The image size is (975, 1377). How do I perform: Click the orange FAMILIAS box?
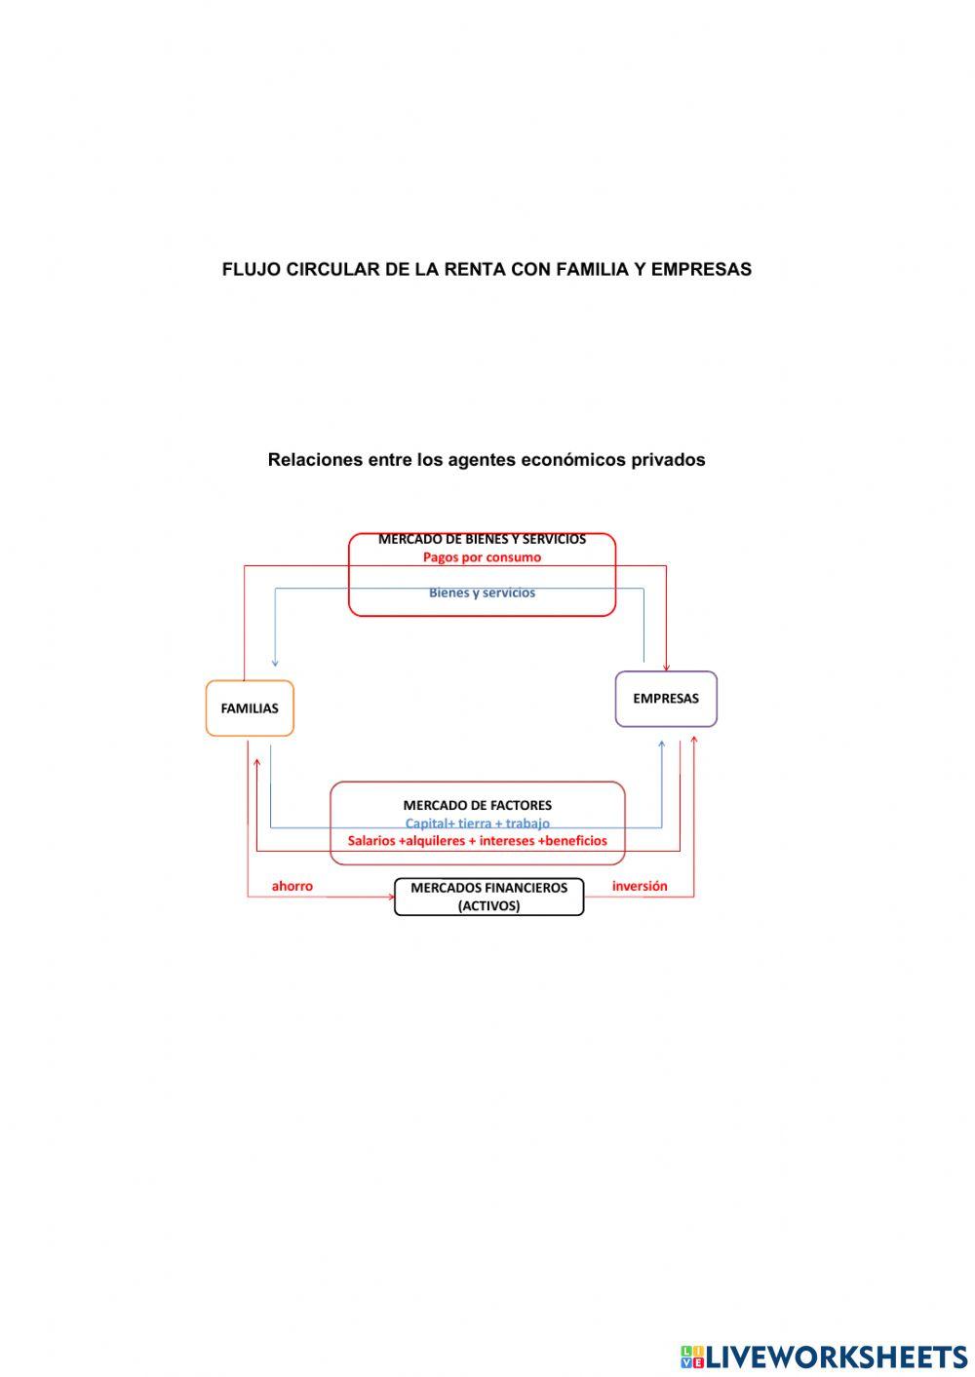tap(250, 708)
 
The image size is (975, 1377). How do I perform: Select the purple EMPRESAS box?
tap(666, 699)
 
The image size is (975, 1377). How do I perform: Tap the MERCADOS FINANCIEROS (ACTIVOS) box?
tap(488, 897)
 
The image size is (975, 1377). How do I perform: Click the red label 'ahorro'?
tap(292, 886)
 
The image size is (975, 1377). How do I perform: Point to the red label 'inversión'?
tap(640, 886)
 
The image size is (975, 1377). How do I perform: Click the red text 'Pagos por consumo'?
tap(482, 557)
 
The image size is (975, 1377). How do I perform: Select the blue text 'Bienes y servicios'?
tap(482, 593)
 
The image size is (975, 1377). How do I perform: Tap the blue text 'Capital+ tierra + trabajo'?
tap(477, 823)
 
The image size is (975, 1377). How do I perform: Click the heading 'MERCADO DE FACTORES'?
tap(477, 805)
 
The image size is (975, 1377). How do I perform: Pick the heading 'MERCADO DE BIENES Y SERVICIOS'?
tap(482, 539)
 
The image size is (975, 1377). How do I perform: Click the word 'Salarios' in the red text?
tap(371, 840)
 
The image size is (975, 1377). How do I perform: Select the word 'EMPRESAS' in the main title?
tap(701, 270)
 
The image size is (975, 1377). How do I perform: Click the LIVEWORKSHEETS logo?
tap(824, 1356)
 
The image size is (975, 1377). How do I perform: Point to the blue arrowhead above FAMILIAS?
tap(275, 663)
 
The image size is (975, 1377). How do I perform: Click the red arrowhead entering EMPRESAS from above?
tap(666, 667)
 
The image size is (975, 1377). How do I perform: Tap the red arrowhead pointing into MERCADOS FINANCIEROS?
tap(390, 897)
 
